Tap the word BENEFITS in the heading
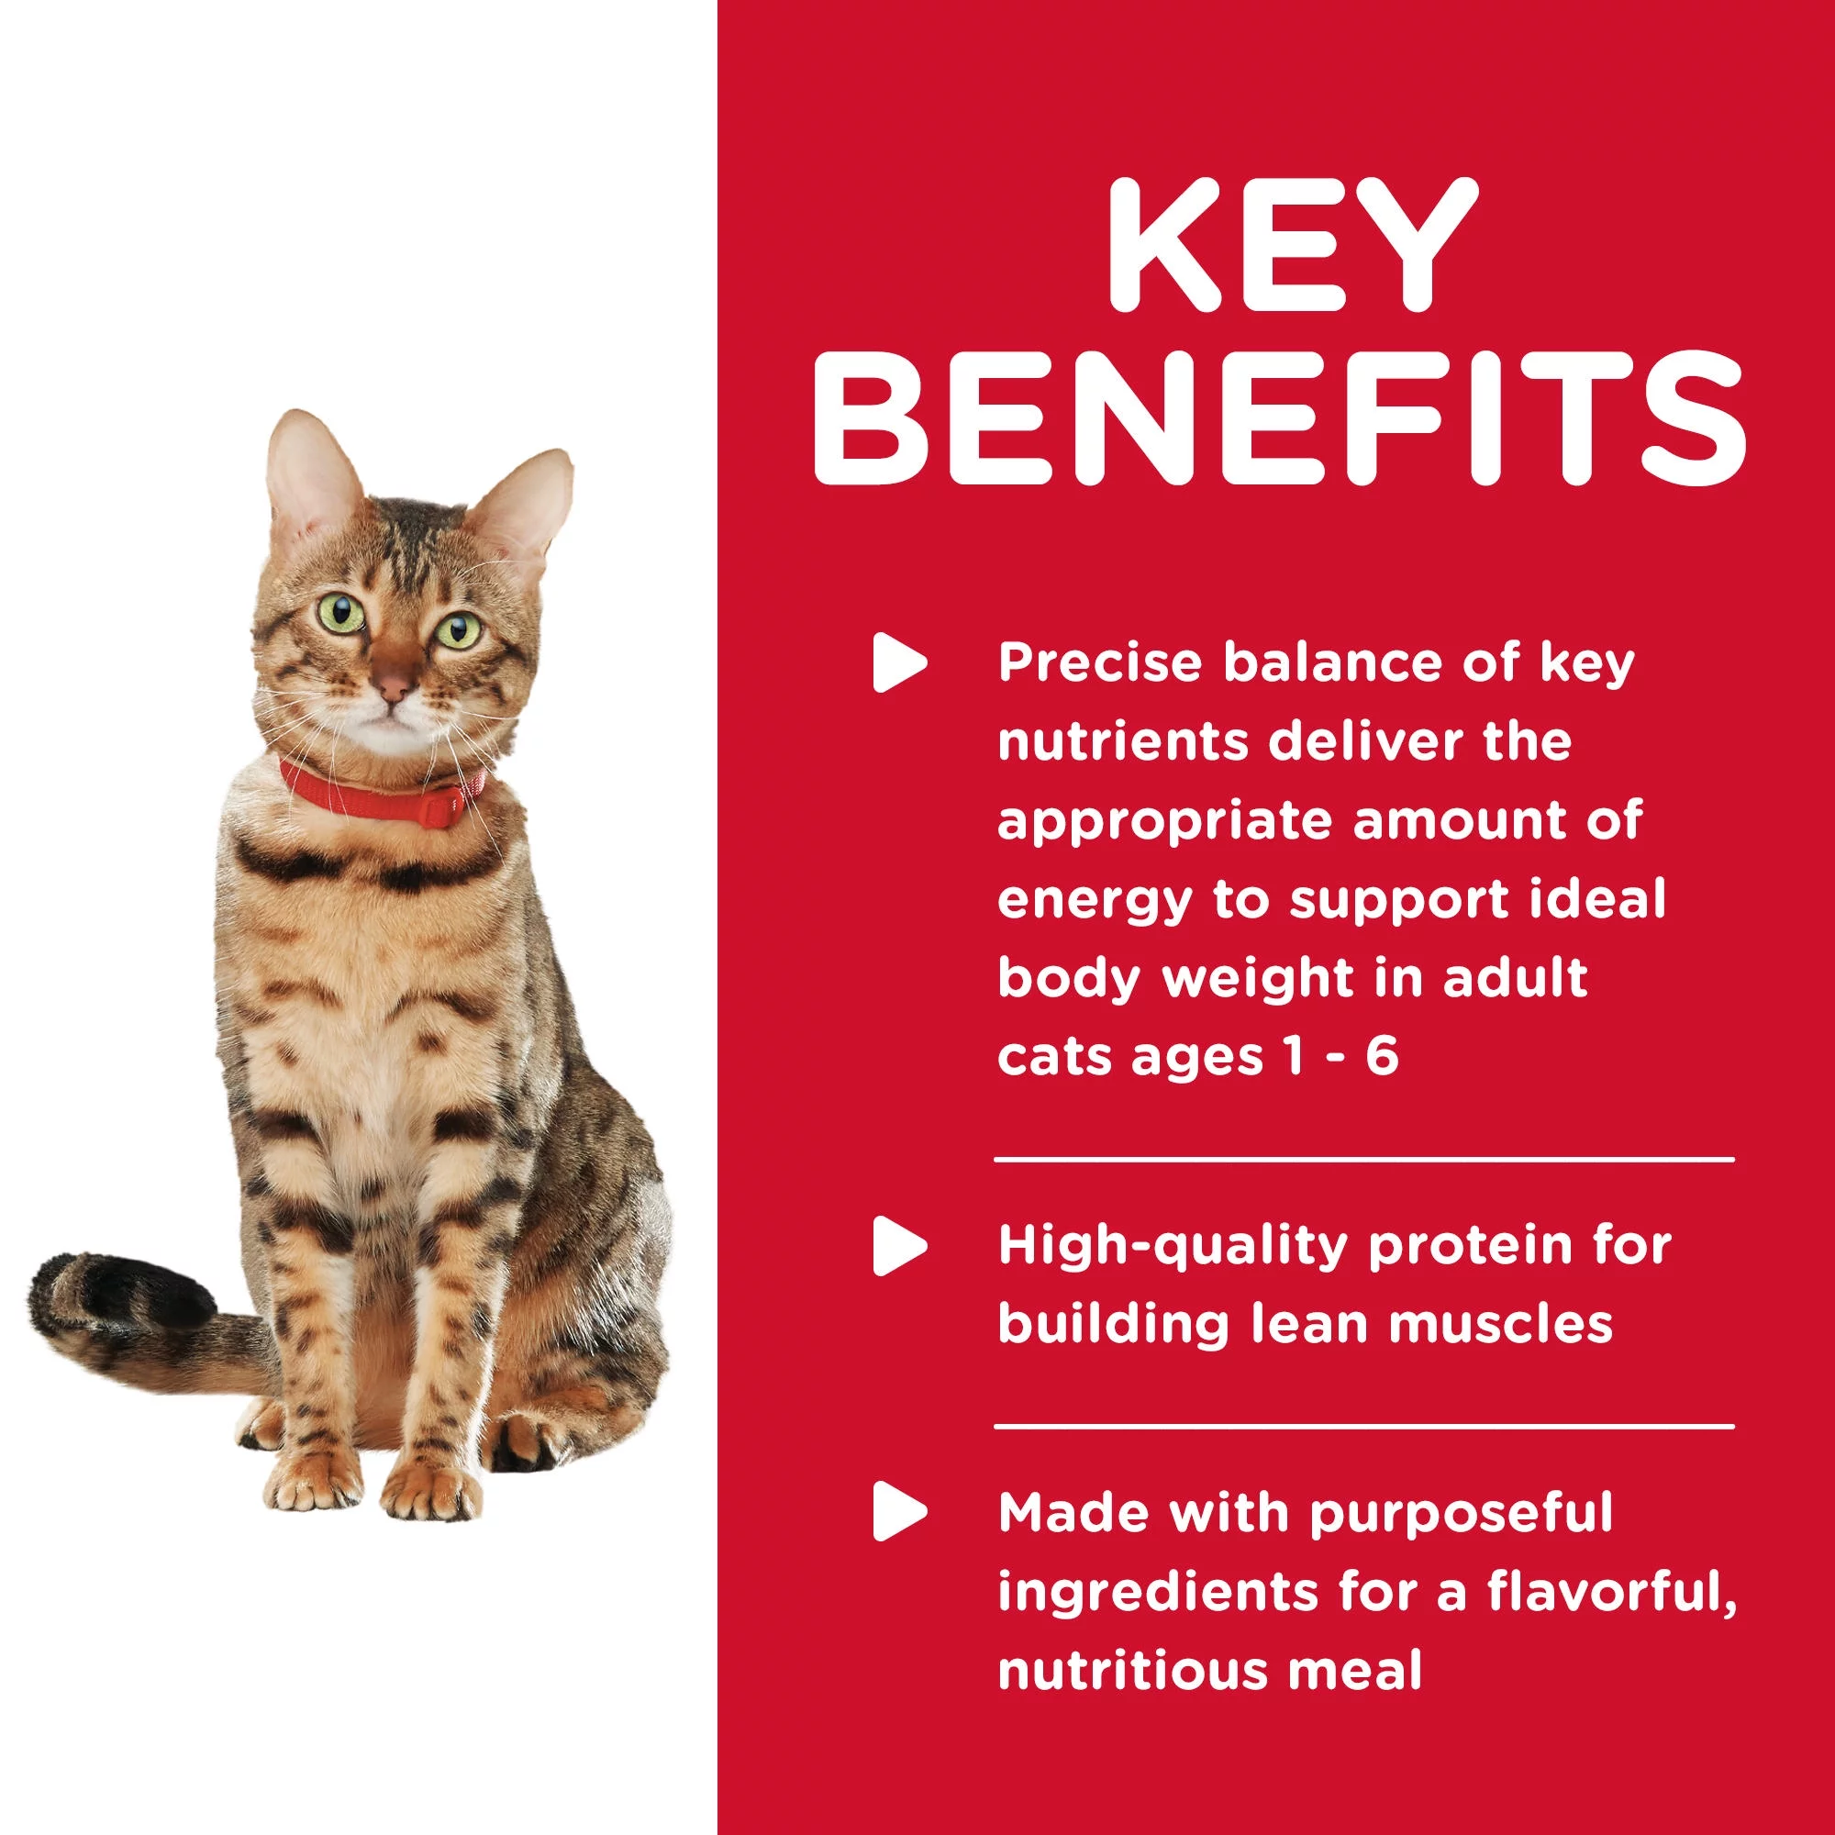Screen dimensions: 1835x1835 (1279, 417)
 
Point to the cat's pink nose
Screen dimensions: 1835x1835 (394, 681)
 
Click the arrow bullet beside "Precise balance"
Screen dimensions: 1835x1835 (899, 662)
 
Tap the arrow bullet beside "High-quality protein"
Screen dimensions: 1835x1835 (899, 1245)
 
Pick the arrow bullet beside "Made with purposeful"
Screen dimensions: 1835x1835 (899, 1510)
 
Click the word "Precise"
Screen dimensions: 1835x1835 (1100, 663)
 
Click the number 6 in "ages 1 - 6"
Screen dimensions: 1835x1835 (1382, 1056)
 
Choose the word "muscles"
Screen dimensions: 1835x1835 (1501, 1323)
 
